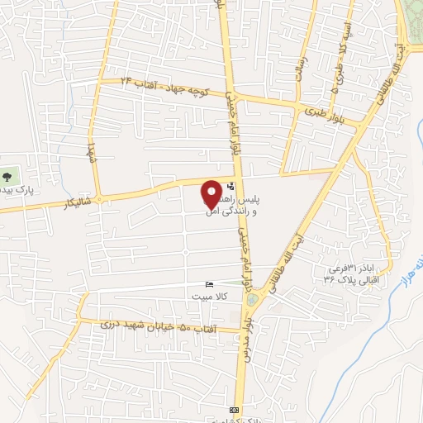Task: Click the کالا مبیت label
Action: (209, 295)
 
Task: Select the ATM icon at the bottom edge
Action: (234, 410)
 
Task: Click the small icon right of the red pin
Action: (230, 188)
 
